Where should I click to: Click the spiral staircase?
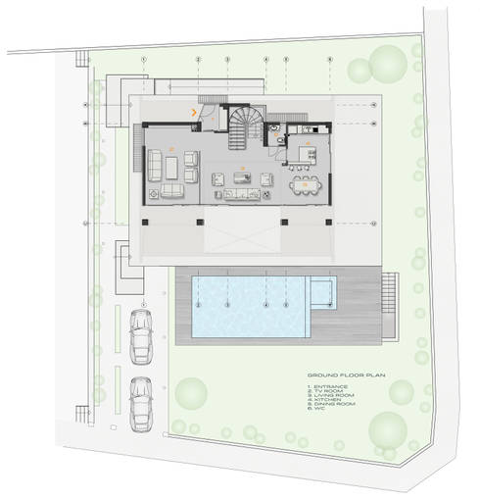(x=241, y=126)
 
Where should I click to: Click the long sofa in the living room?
(x=234, y=193)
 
